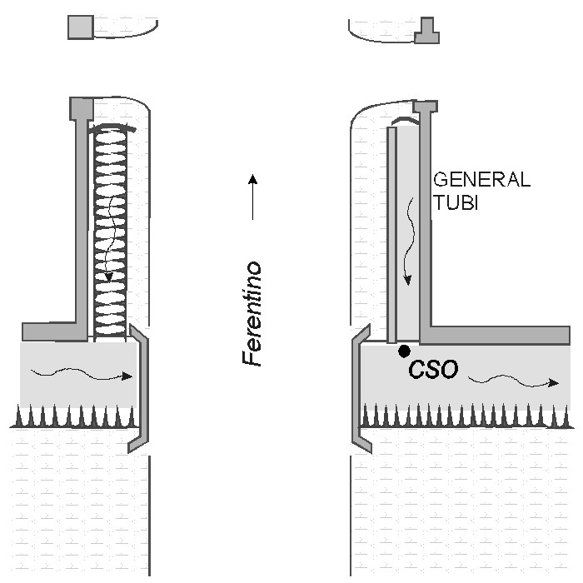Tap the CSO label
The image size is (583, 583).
tap(433, 370)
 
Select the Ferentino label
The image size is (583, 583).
tap(252, 314)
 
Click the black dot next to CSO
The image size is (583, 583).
tap(404, 351)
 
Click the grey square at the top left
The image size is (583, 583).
tap(80, 27)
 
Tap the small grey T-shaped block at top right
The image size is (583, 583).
tap(427, 31)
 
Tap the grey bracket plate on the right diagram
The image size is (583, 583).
tap(360, 391)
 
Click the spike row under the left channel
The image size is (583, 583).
tap(75, 416)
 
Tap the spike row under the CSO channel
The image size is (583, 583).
tap(466, 415)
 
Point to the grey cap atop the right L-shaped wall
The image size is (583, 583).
tap(426, 107)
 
